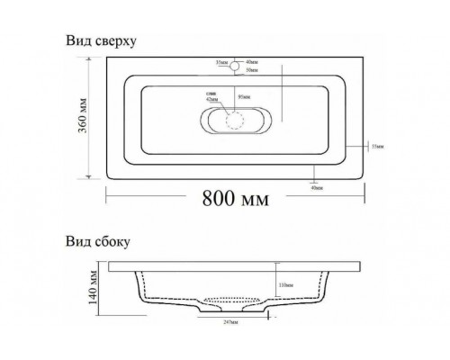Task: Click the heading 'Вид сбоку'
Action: point(96,241)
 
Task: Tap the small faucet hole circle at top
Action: point(235,66)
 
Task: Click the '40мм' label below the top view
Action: point(315,188)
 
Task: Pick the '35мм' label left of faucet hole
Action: point(220,62)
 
